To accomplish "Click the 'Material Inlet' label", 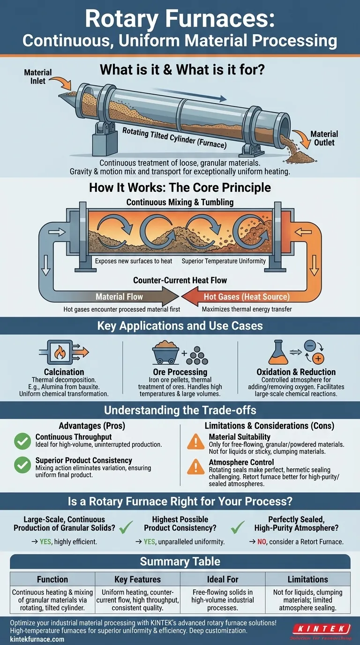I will pyautogui.click(x=38, y=76).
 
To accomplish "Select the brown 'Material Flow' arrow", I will pyautogui.click(x=120, y=296).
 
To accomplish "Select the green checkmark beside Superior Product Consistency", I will pyautogui.click(x=22, y=465).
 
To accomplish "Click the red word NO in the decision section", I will pyautogui.click(x=263, y=541).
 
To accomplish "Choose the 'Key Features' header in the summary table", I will pyautogui.click(x=137, y=579).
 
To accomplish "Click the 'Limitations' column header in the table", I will pyautogui.click(x=307, y=579).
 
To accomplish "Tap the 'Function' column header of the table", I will pyautogui.click(x=52, y=579).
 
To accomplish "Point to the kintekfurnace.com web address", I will pyautogui.click(x=37, y=639).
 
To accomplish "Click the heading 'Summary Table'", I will pyautogui.click(x=180, y=561).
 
